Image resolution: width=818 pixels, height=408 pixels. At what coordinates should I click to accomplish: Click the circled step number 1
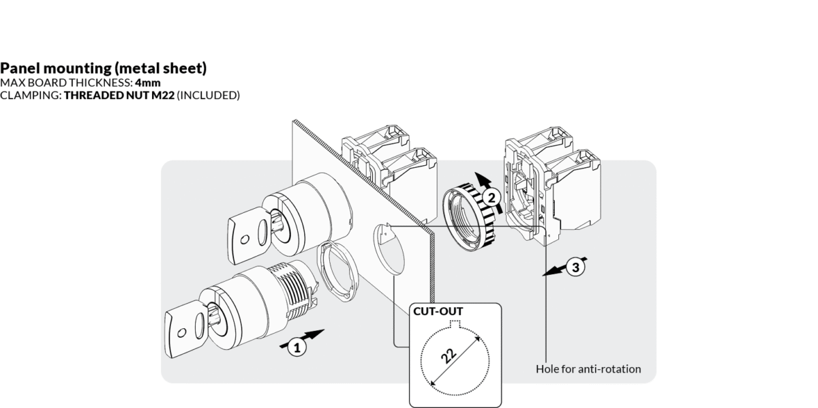(x=295, y=347)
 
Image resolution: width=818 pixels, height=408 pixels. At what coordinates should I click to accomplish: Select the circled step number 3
(x=575, y=267)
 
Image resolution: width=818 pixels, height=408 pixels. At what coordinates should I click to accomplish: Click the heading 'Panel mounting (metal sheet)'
(x=104, y=68)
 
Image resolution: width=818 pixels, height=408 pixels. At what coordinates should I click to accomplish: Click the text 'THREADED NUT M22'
(x=119, y=96)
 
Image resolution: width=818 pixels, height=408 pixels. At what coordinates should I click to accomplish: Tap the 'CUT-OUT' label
(x=438, y=312)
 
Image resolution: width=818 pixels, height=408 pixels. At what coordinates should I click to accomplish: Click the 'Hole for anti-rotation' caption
(x=588, y=369)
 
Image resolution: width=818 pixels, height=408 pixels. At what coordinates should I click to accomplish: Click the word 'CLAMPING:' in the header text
(x=31, y=96)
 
